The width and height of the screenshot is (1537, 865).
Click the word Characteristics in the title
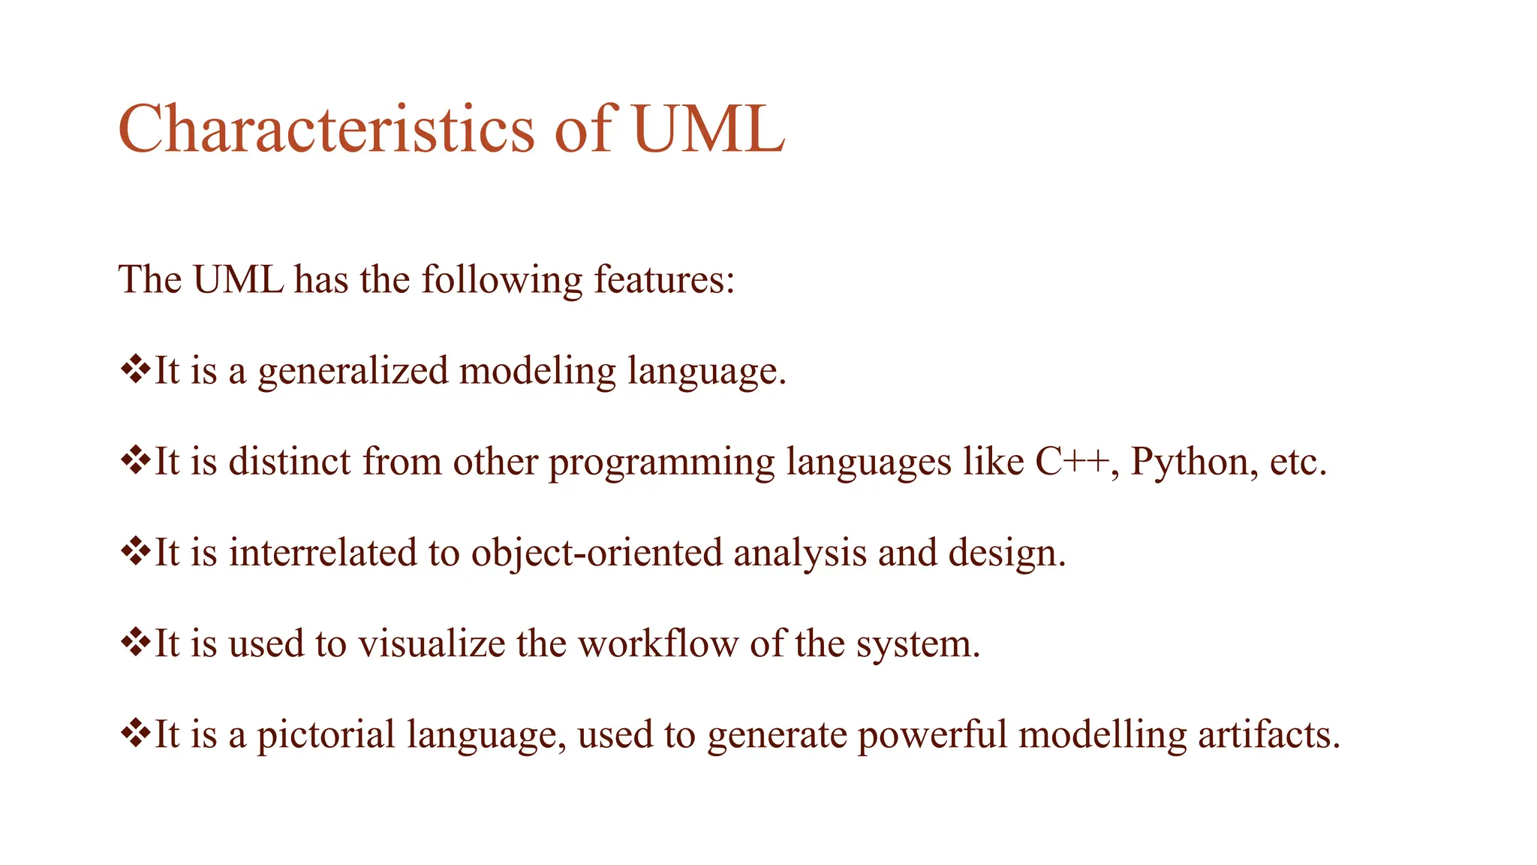pyautogui.click(x=326, y=129)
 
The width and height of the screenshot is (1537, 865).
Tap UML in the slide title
pyautogui.click(x=708, y=129)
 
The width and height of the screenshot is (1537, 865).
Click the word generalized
pyautogui.click(x=353, y=371)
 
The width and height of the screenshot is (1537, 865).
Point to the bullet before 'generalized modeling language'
pyautogui.click(x=135, y=369)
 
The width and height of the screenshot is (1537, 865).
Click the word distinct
pyautogui.click(x=290, y=461)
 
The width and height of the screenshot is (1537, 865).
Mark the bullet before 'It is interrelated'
pyautogui.click(x=135, y=551)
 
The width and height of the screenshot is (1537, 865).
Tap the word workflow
pyautogui.click(x=657, y=644)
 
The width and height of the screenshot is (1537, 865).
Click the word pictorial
pyautogui.click(x=326, y=735)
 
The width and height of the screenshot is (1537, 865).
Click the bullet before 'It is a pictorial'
pyautogui.click(x=135, y=733)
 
